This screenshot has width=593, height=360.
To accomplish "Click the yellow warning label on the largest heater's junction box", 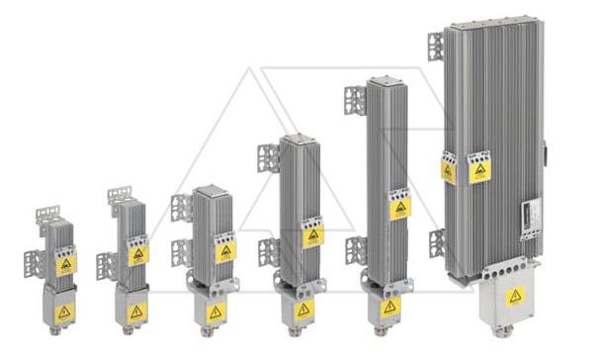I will coord(515,296).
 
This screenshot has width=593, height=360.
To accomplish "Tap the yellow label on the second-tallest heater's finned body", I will coord(399,209).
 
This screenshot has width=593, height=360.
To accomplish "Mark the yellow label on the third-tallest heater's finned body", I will coord(313,236).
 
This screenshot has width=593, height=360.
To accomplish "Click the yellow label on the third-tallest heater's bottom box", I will coord(302,310).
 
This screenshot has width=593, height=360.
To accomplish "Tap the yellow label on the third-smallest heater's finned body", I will coord(225,251).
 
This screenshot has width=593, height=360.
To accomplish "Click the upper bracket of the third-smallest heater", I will coord(182,208).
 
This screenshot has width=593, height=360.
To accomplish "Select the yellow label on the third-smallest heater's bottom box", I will coord(215,311).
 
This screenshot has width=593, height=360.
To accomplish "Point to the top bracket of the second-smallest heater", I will coord(120,195).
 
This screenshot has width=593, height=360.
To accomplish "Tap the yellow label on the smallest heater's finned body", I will coord(66,265).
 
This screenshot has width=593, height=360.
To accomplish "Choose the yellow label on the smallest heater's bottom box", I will coord(63,312).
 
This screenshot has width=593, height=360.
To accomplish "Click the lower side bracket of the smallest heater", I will coord(33,263).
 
